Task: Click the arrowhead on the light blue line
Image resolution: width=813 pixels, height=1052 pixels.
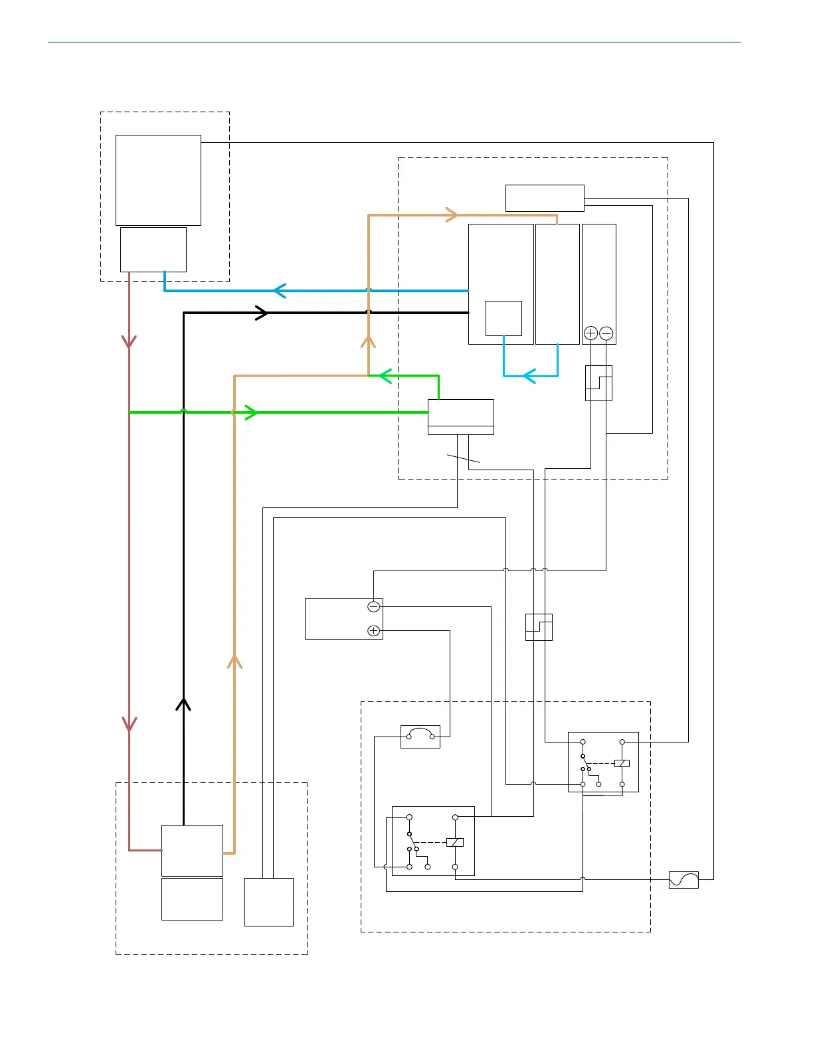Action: [x=529, y=377]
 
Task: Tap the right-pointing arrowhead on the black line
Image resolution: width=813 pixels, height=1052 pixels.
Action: [x=262, y=313]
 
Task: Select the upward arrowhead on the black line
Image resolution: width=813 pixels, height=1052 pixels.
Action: [x=183, y=704]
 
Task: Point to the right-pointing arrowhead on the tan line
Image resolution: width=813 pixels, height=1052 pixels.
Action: [x=452, y=215]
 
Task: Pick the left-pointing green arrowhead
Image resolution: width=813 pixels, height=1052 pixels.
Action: [x=385, y=376]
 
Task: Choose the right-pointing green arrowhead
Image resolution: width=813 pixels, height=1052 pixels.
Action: [x=251, y=412]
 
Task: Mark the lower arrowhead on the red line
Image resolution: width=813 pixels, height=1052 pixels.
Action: [x=130, y=724]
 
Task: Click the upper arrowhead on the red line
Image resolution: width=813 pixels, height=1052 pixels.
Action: [x=129, y=341]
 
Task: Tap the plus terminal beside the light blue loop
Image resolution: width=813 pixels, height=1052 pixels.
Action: [x=590, y=333]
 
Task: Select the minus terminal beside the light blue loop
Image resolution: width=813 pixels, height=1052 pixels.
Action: [x=606, y=333]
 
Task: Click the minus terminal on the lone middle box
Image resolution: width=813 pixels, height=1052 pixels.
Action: [x=374, y=606]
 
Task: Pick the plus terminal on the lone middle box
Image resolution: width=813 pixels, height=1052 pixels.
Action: [x=374, y=631]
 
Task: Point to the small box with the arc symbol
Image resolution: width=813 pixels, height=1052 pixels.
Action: [x=420, y=737]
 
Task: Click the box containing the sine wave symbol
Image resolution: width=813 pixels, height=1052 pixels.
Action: [x=683, y=880]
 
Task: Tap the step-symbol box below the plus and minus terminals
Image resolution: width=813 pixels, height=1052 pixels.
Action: [x=598, y=383]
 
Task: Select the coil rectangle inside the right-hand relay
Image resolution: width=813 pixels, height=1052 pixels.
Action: [x=622, y=763]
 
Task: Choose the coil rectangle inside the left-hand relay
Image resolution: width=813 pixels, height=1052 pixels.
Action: [x=455, y=842]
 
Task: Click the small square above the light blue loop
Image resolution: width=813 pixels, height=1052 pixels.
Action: [x=503, y=318]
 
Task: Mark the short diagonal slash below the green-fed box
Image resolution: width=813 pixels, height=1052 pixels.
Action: [x=463, y=458]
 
